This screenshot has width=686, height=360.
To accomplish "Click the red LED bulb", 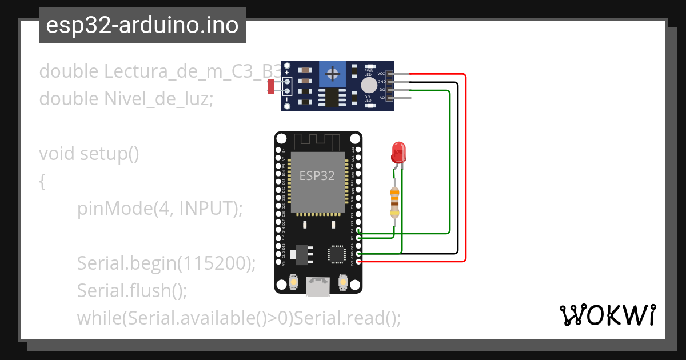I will coord(398,152).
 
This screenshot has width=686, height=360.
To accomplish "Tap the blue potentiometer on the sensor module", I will coord(330,74).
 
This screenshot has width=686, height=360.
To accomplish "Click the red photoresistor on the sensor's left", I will coord(271,87).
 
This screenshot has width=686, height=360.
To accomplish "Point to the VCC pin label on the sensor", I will coord(381,74).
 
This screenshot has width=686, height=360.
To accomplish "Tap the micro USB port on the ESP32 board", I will coord(317,286).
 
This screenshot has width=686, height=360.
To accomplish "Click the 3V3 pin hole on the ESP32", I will coord(358,262).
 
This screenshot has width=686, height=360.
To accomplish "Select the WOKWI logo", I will coord(607,315).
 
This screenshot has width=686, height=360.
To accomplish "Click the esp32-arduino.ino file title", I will coord(142,25).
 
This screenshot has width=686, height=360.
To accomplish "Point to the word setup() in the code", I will coord(110,154).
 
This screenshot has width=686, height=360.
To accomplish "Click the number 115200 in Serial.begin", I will coord(213,263).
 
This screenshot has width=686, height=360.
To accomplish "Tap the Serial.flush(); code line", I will coord(132,290).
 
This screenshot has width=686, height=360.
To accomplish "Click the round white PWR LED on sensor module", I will coord(369,85).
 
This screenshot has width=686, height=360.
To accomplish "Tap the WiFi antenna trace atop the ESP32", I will coord(317,141).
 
